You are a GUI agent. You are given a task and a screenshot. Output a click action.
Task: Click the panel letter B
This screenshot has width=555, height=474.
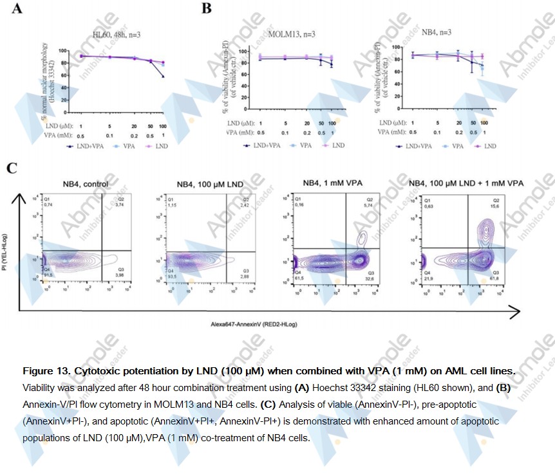click(206, 9)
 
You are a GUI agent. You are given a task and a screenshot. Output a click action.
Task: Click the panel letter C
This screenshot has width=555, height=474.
click(12, 169)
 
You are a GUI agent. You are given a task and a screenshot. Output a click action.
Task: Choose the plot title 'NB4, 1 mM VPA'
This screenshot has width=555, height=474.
click(330, 183)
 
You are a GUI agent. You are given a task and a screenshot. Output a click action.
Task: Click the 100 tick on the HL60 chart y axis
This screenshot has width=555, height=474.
click(63, 51)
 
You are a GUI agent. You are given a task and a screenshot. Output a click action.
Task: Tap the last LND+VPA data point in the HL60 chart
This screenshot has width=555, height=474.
click(163, 77)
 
